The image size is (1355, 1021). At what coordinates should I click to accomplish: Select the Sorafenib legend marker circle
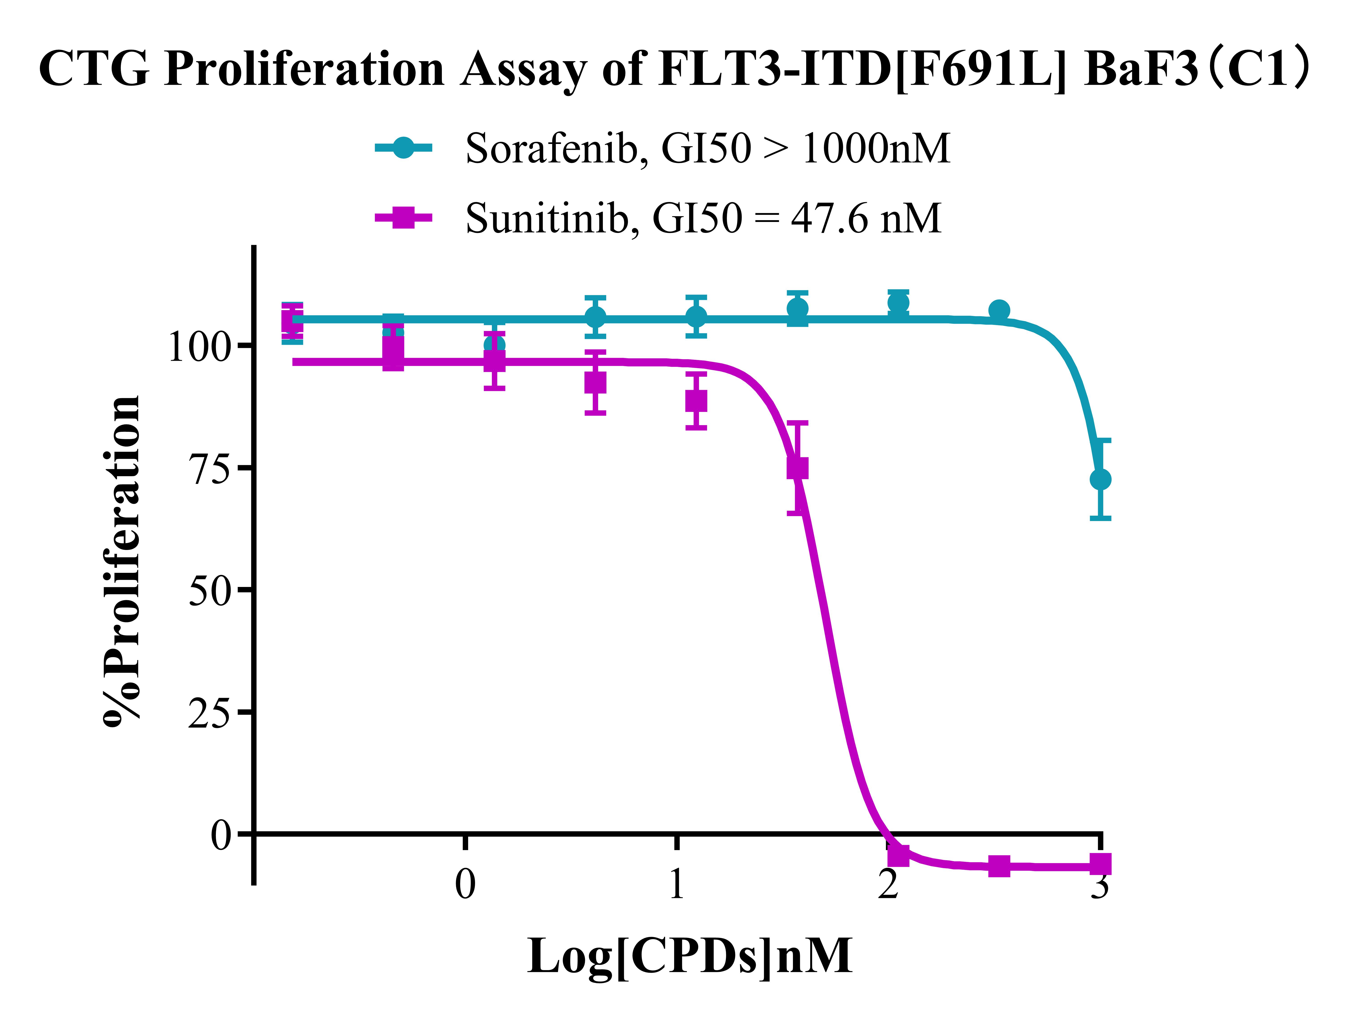tap(403, 148)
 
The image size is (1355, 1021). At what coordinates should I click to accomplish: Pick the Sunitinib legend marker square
tap(403, 217)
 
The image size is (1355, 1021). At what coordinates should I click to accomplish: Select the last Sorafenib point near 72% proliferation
tap(1100, 479)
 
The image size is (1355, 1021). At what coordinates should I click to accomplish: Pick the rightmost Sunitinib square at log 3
tap(1100, 864)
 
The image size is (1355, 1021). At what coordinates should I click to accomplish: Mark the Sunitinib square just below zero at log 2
tap(898, 855)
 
